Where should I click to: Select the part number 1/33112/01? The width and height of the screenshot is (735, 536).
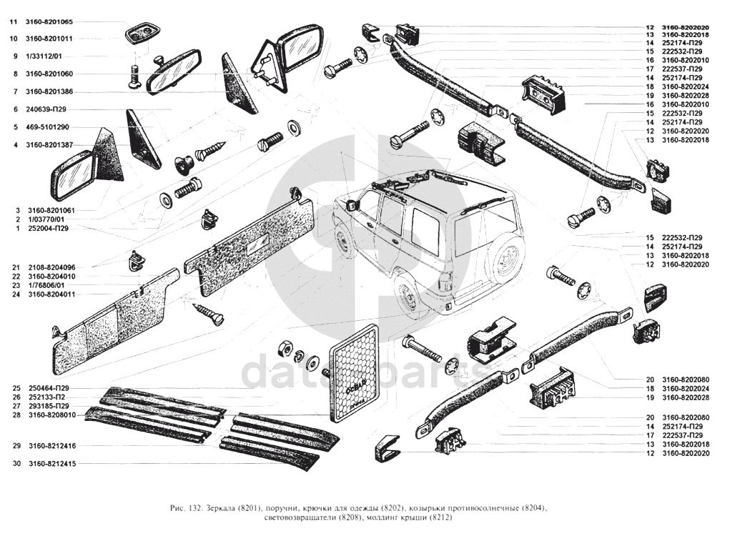(x=44, y=56)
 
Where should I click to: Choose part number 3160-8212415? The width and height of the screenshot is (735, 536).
(x=52, y=464)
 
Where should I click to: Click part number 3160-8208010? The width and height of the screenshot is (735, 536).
(x=52, y=415)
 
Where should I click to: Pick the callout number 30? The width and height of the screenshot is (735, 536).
(x=17, y=464)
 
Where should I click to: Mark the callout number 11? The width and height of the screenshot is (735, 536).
(x=13, y=21)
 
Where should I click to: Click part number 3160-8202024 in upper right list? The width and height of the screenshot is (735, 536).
(x=686, y=86)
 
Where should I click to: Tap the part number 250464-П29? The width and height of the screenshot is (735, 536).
(x=49, y=388)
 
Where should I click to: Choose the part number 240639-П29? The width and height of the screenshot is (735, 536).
(x=46, y=109)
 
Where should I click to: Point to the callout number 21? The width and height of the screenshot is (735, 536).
(x=17, y=267)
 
